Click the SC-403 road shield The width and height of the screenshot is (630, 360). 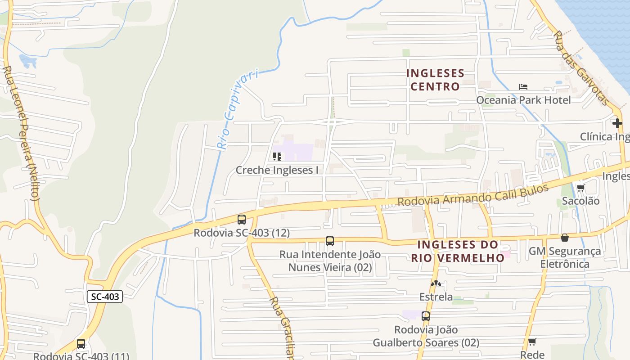click(105, 297)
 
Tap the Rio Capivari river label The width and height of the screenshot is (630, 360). click(238, 108)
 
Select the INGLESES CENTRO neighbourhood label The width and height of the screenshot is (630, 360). click(435, 80)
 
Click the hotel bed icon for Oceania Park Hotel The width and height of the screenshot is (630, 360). click(523, 86)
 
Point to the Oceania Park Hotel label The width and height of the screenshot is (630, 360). click(523, 100)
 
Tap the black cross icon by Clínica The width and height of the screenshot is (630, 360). click(617, 122)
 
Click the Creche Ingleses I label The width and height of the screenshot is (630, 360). click(277, 170)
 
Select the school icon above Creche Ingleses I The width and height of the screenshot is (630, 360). click(277, 157)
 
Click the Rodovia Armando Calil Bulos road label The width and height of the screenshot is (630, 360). click(473, 195)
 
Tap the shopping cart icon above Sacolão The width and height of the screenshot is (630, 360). click(580, 188)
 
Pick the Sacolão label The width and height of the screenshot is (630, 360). click(580, 201)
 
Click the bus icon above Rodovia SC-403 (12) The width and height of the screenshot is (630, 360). click(242, 220)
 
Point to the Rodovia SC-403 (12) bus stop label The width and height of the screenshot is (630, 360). click(242, 233)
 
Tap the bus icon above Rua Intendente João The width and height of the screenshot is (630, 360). click(330, 241)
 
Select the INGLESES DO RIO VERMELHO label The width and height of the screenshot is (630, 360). click(458, 251)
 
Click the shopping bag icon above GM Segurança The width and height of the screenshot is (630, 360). click(565, 238)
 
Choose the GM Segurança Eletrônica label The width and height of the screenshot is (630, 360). click(565, 257)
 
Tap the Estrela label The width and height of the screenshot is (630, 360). click(436, 297)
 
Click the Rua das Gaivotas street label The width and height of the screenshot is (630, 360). click(580, 67)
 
